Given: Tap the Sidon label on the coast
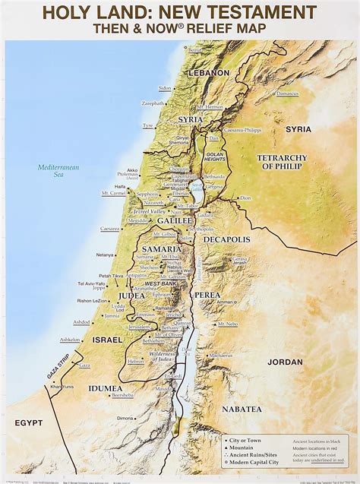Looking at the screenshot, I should [166, 88].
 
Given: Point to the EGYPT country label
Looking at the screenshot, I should [28, 422].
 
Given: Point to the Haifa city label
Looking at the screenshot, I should [120, 186].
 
